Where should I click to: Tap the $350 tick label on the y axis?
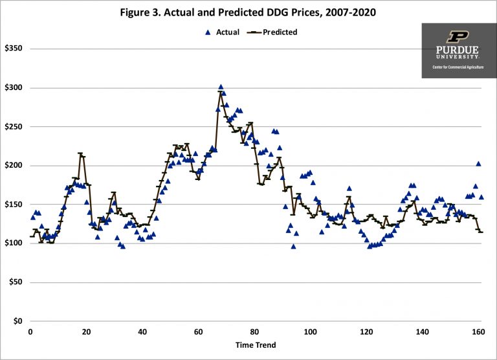13,49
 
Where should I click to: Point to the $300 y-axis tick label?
13,87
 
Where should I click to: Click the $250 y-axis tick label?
13,126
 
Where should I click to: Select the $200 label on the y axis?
13,166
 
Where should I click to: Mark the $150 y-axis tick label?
13,205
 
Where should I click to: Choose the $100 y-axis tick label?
13,243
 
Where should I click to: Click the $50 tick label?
15,282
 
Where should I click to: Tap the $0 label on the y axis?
17,321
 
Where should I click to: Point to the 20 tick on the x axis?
86,332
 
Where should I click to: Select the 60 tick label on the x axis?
198,332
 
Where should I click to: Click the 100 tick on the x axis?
310,332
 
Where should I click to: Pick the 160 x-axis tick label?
478,332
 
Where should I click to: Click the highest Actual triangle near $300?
221,87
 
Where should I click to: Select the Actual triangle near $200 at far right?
478,164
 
